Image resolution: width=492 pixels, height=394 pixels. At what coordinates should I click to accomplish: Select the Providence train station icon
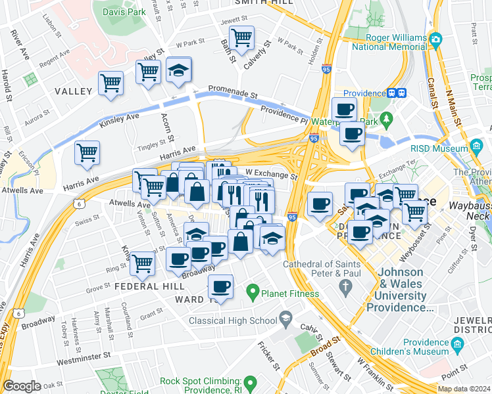396,93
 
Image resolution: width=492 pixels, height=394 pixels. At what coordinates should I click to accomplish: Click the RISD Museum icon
477,145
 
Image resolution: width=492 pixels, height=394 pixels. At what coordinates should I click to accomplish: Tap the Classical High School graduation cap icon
285,320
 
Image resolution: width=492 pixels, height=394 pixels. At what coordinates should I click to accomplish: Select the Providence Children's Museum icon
457,343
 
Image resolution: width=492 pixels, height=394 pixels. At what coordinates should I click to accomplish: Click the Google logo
22,386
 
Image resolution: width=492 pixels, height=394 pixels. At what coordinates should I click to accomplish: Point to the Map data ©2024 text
463,389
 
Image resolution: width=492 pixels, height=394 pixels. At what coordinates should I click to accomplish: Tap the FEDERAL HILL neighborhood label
145,286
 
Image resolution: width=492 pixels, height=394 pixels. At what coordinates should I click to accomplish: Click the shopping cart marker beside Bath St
242,37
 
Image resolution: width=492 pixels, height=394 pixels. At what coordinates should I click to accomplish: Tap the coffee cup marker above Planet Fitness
220,286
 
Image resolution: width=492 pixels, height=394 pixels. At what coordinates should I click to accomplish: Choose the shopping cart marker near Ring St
142,263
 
